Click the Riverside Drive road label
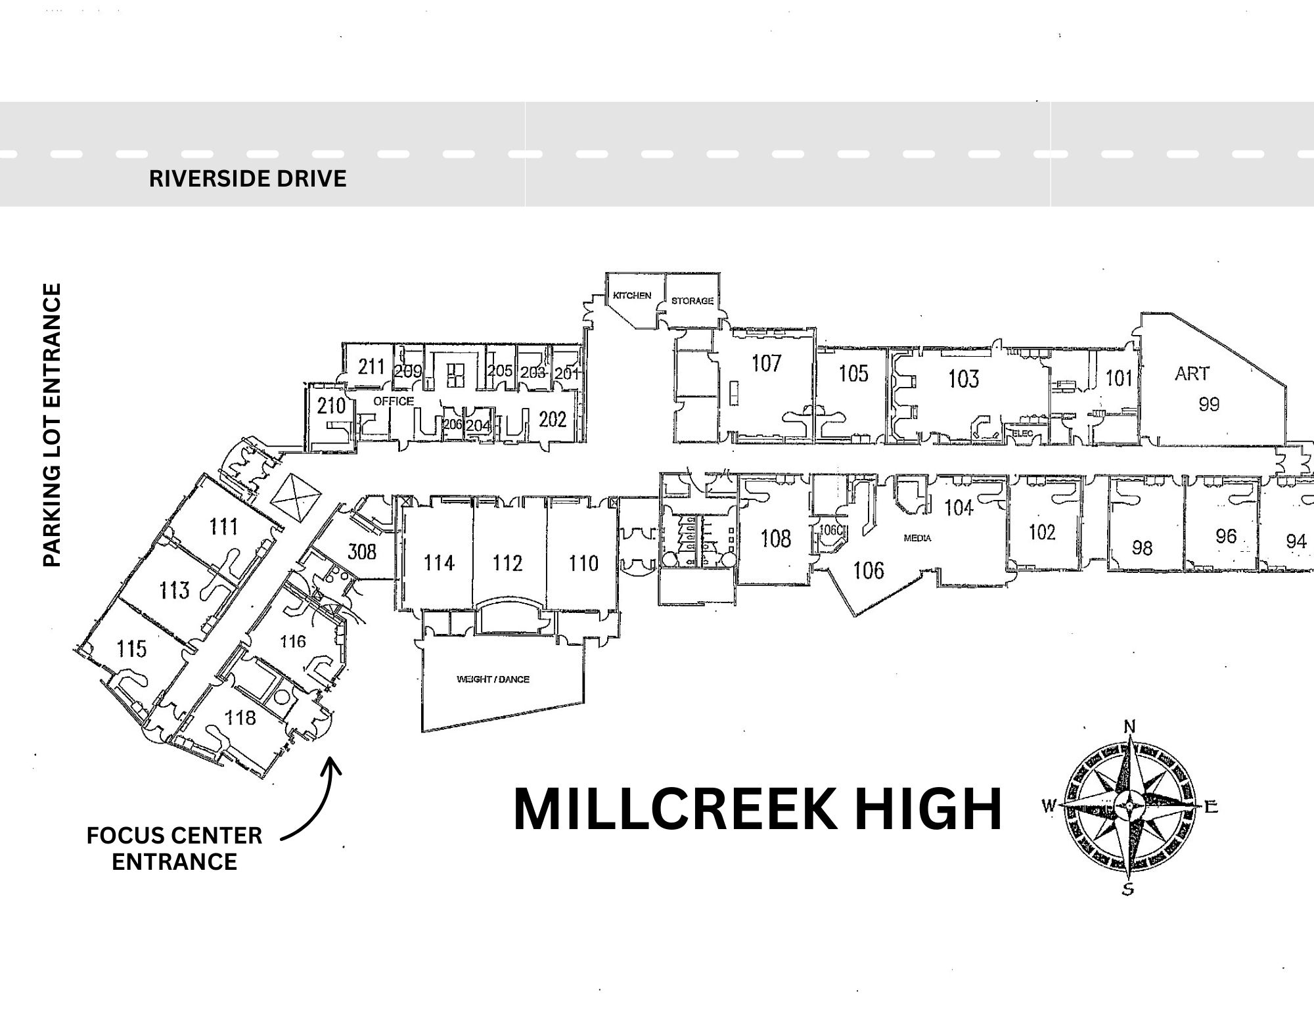click(248, 179)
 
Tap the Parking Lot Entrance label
click(52, 424)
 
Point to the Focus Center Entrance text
click(174, 848)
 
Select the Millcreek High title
click(757, 809)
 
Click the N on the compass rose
click(1130, 726)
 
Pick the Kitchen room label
click(632, 296)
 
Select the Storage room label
click(692, 301)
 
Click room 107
click(766, 363)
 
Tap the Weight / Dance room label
click(493, 679)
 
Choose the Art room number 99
click(1209, 404)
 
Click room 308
click(362, 551)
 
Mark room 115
click(131, 649)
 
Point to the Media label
click(917, 538)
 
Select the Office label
click(394, 401)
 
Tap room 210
click(331, 406)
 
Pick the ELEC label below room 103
click(1024, 434)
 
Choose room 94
click(1296, 541)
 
